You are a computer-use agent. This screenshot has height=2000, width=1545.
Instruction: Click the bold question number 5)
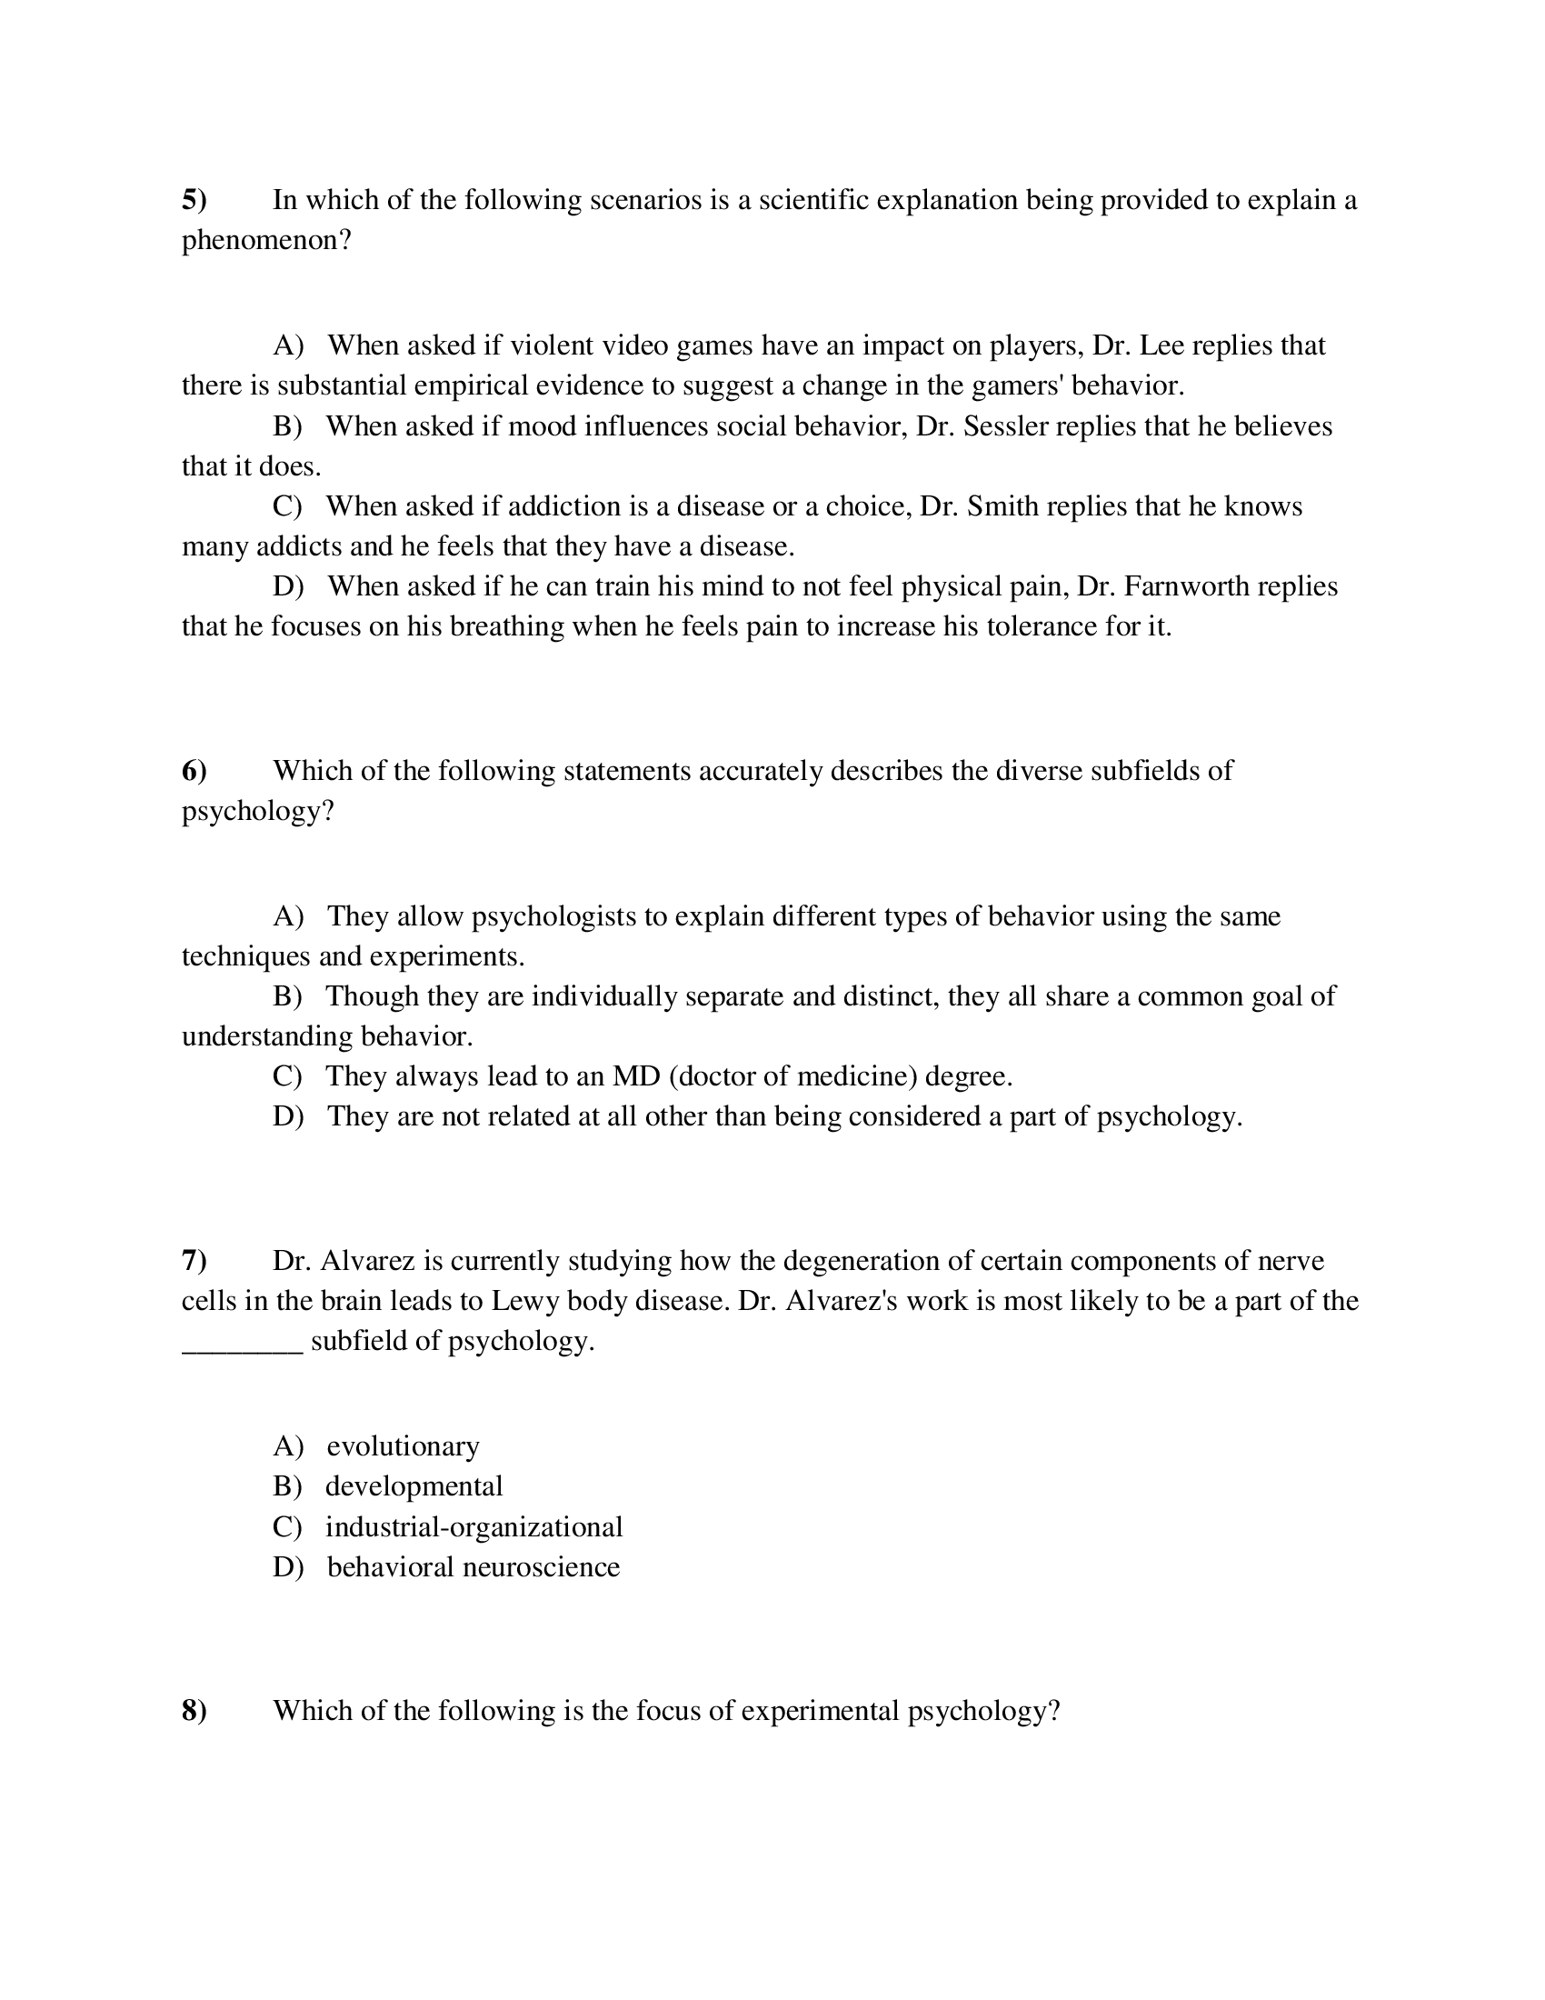pyautogui.click(x=194, y=200)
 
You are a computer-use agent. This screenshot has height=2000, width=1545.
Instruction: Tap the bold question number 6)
pyautogui.click(x=194, y=771)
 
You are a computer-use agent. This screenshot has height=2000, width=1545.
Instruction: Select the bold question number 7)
pyautogui.click(x=194, y=1261)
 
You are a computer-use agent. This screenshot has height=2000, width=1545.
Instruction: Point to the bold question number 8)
pyautogui.click(x=194, y=1711)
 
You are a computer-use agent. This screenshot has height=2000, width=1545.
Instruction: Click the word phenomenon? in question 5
pyautogui.click(x=266, y=241)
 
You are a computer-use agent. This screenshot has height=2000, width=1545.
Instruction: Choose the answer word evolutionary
pyautogui.click(x=403, y=1446)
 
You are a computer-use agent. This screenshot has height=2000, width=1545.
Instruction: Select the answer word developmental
pyautogui.click(x=414, y=1486)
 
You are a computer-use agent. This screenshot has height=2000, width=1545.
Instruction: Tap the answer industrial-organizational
pyautogui.click(x=473, y=1526)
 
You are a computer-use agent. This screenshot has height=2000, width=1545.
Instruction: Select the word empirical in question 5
pyautogui.click(x=472, y=385)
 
